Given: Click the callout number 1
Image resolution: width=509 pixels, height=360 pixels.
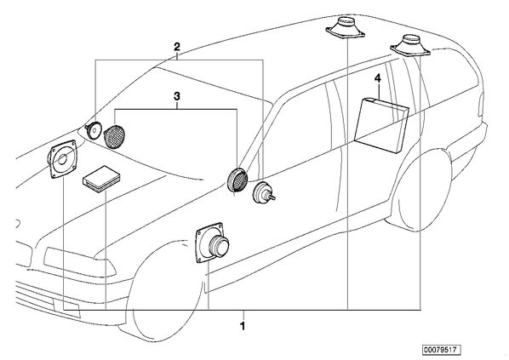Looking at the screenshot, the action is [243, 326].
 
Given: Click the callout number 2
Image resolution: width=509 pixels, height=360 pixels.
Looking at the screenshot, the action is [177, 47].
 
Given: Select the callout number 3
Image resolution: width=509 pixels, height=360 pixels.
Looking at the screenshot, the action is [177, 96].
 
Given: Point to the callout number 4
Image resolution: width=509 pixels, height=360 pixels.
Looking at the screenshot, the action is [378, 78].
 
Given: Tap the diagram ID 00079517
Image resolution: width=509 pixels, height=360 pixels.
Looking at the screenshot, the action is [441, 350].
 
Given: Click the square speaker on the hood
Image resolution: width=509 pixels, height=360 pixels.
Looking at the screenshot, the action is [63, 159].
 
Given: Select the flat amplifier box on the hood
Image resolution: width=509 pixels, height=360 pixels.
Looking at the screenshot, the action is [101, 179].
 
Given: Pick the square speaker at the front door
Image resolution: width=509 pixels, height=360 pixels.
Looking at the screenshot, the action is [212, 243].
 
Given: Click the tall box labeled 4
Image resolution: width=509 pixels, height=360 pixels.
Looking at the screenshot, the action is [381, 125].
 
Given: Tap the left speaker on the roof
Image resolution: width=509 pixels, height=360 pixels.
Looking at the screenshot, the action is [346, 28].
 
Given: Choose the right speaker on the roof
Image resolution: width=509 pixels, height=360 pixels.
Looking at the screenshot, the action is [410, 46].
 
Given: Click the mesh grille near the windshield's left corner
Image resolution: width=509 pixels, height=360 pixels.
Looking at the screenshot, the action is [115, 134].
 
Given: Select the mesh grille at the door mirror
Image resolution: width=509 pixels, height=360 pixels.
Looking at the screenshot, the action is [237, 180].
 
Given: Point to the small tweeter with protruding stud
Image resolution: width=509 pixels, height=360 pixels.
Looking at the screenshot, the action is [264, 193].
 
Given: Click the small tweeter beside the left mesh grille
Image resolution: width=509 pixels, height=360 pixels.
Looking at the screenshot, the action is [93, 130].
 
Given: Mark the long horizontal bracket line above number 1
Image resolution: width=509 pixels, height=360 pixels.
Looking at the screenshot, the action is [243, 310].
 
